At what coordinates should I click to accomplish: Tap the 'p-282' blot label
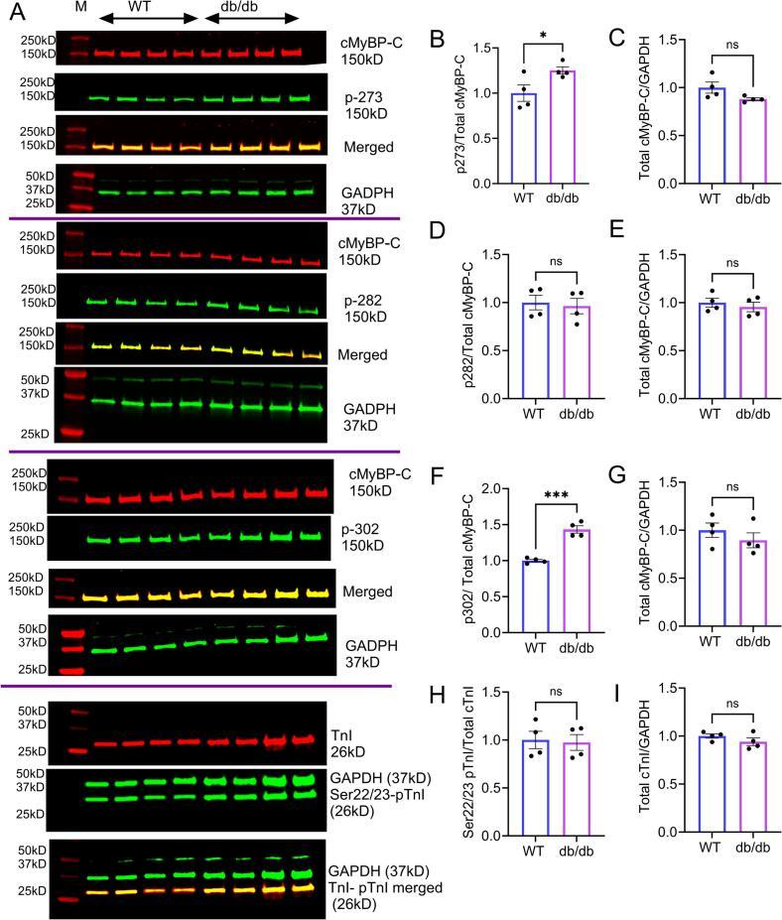coord(363,296)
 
